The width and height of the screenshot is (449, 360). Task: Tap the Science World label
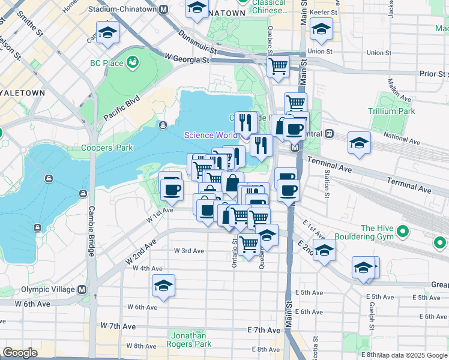click(x=207, y=135)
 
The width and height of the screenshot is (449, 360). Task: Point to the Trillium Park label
click(x=393, y=111)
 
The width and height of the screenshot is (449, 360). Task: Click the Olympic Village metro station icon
click(x=82, y=290)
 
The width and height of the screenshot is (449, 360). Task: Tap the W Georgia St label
click(x=186, y=59)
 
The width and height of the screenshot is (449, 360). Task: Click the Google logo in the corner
click(x=20, y=353)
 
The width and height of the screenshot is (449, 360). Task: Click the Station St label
click(x=327, y=182)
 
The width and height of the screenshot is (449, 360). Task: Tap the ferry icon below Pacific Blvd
click(x=163, y=125)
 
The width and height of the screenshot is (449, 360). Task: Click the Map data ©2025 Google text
click(x=412, y=355)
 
